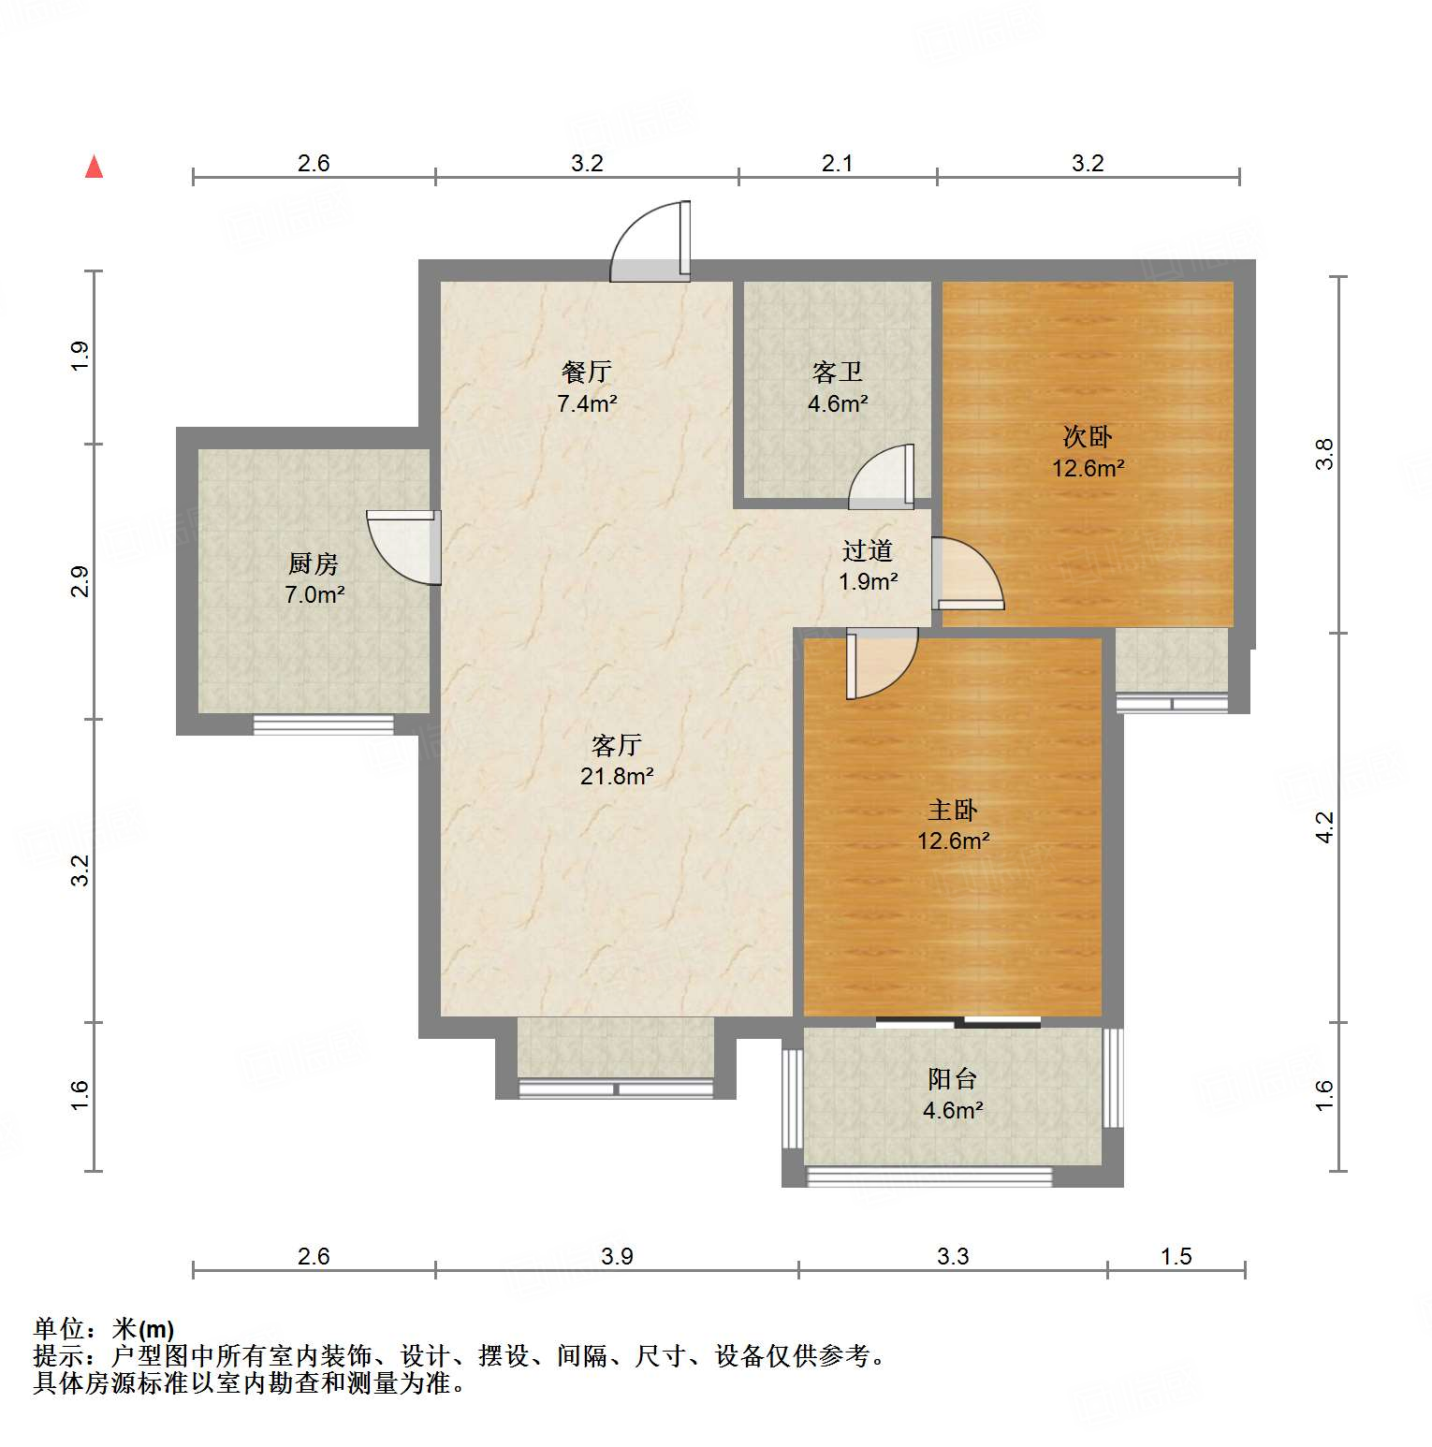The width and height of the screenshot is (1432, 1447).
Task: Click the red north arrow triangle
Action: (94, 167)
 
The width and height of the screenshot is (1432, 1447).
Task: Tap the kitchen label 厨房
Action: (313, 563)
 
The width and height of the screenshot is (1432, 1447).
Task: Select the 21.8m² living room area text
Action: (617, 776)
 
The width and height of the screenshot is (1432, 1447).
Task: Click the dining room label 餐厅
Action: (587, 372)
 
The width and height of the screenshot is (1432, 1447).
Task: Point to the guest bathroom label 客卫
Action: (838, 373)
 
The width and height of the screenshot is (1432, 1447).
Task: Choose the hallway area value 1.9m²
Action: (869, 581)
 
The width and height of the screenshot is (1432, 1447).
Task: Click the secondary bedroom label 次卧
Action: (1088, 436)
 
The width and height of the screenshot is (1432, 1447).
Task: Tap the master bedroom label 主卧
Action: (953, 810)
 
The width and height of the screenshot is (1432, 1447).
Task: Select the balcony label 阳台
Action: (953, 1079)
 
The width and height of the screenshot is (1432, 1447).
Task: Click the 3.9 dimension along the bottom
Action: (617, 1256)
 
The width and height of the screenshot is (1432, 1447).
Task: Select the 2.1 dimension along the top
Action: (838, 163)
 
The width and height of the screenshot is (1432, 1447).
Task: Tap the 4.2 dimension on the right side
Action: (1324, 827)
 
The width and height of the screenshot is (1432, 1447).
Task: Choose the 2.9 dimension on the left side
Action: (80, 581)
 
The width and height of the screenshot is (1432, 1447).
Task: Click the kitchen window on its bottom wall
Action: (324, 724)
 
